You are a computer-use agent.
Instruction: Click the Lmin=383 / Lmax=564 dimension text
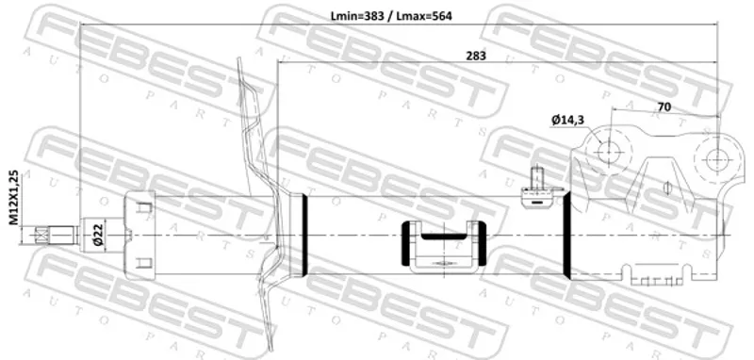tap(391, 16)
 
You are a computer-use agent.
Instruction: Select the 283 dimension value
tap(476, 56)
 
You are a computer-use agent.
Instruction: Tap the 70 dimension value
tap(664, 106)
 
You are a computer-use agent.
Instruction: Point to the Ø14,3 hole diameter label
tap(568, 120)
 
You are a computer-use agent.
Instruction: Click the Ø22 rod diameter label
tap(98, 236)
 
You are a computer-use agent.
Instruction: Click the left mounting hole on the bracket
tap(608, 151)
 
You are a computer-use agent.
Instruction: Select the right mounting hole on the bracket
tap(715, 160)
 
